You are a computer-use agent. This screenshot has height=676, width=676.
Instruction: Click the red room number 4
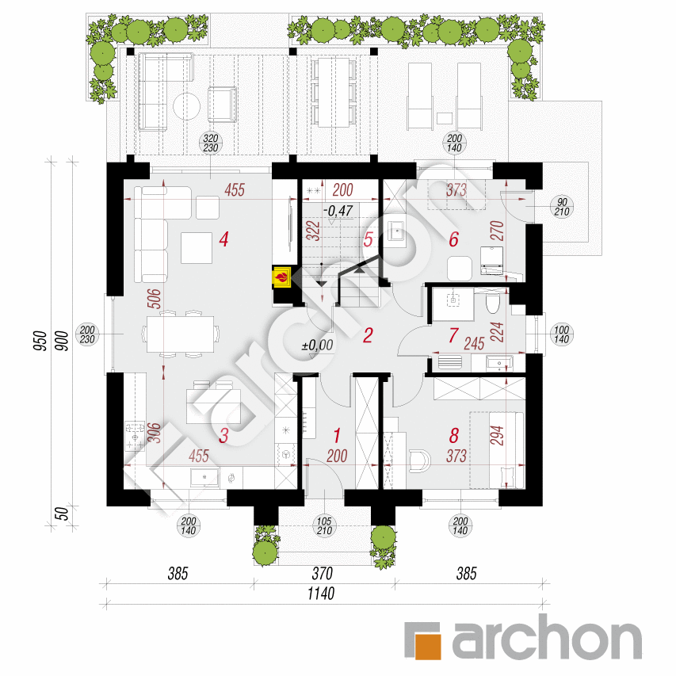[224, 239]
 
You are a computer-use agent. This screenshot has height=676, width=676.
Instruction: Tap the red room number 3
[224, 434]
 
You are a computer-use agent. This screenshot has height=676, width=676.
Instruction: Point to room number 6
[453, 239]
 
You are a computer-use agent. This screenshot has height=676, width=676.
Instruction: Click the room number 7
[453, 335]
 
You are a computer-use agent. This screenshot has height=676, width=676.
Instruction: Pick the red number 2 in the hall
[367, 335]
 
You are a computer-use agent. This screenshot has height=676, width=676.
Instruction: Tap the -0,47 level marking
[338, 211]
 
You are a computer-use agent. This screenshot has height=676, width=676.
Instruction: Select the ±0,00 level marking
[317, 345]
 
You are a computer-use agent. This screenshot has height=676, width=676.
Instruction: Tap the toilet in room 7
[491, 304]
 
